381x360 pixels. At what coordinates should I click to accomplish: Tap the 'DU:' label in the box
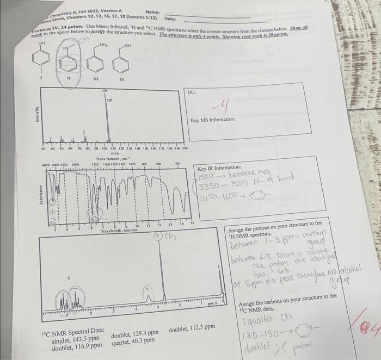click(192, 93)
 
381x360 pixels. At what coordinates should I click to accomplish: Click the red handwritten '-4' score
click(222, 103)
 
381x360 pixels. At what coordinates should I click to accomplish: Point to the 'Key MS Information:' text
click(213, 120)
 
